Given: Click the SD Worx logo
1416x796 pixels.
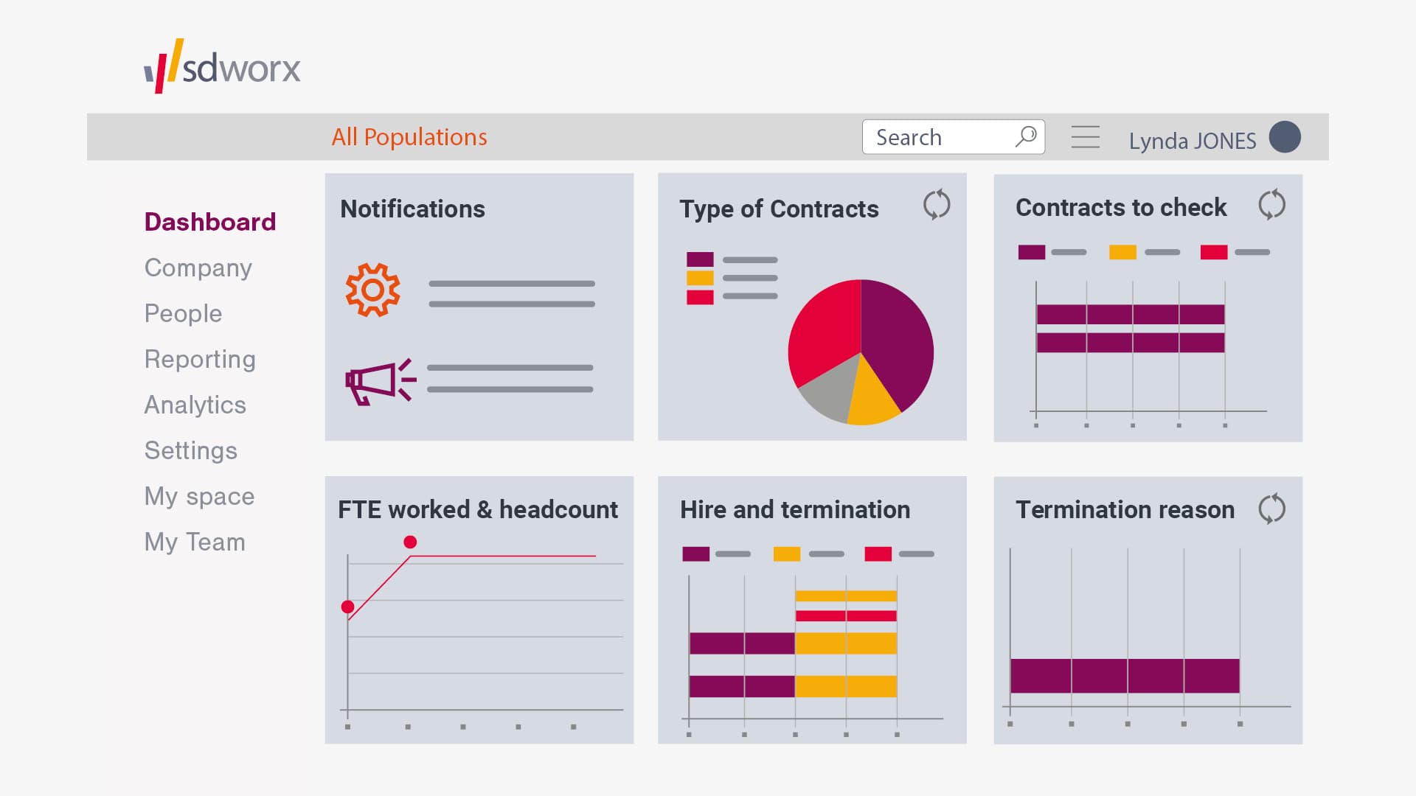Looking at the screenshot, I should pos(222,67).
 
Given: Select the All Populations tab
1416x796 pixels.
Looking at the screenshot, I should pos(409,137).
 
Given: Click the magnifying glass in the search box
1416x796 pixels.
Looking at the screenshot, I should pos(1026,136).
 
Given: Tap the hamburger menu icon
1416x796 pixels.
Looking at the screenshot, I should pos(1085,137).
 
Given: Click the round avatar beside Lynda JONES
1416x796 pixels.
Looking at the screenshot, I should pos(1285,137).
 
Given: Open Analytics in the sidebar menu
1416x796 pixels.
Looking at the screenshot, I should pos(195,405).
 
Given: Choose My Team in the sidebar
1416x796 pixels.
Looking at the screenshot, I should pos(195,542).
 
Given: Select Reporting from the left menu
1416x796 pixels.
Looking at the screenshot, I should pos(200,359).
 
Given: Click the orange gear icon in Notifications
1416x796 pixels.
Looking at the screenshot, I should pos(373,290).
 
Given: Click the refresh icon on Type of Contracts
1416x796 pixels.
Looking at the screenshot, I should pos(937,205).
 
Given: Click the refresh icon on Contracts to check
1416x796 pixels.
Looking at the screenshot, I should pos(1271,205).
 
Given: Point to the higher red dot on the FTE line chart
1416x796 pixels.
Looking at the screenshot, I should pos(411,542).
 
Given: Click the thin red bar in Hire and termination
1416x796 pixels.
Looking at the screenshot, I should pos(846,615).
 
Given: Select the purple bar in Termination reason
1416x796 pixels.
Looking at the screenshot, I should pos(1125,676).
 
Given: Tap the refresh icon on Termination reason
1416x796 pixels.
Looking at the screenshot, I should pos(1271,509).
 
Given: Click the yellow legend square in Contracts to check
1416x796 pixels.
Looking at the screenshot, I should pos(1122,252).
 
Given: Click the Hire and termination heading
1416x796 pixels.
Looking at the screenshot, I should pos(794,509).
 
